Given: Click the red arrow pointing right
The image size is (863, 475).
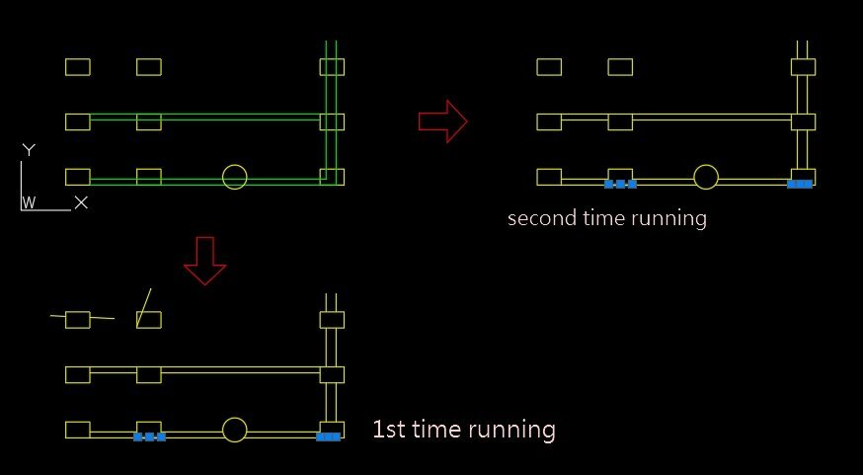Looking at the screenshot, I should click(x=443, y=120).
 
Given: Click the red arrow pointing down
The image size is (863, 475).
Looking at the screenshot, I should click(x=205, y=261).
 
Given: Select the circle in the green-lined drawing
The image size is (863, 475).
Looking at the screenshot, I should click(x=234, y=177).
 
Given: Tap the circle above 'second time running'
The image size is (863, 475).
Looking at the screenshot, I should click(x=705, y=177).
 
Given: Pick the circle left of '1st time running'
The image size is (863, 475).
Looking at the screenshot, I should click(x=234, y=430).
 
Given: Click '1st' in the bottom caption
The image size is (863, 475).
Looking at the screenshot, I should click(x=389, y=430).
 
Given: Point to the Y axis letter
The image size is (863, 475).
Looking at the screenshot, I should click(x=30, y=150).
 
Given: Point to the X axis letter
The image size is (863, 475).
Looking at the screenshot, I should click(x=81, y=202).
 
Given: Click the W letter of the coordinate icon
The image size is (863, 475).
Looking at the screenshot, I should click(x=30, y=202).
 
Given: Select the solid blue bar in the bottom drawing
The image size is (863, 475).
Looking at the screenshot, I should click(x=329, y=436).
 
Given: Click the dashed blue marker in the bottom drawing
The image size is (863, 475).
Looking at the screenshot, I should click(x=149, y=436).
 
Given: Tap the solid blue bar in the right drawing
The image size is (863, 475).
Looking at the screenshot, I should click(x=800, y=184).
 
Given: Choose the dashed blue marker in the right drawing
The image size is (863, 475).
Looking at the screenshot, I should click(x=620, y=184).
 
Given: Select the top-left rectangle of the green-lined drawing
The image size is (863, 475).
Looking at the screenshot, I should click(x=78, y=67).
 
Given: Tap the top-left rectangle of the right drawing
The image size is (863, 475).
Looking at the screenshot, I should click(x=549, y=67).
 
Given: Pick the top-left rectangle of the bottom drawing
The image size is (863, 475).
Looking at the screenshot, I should click(x=78, y=320).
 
